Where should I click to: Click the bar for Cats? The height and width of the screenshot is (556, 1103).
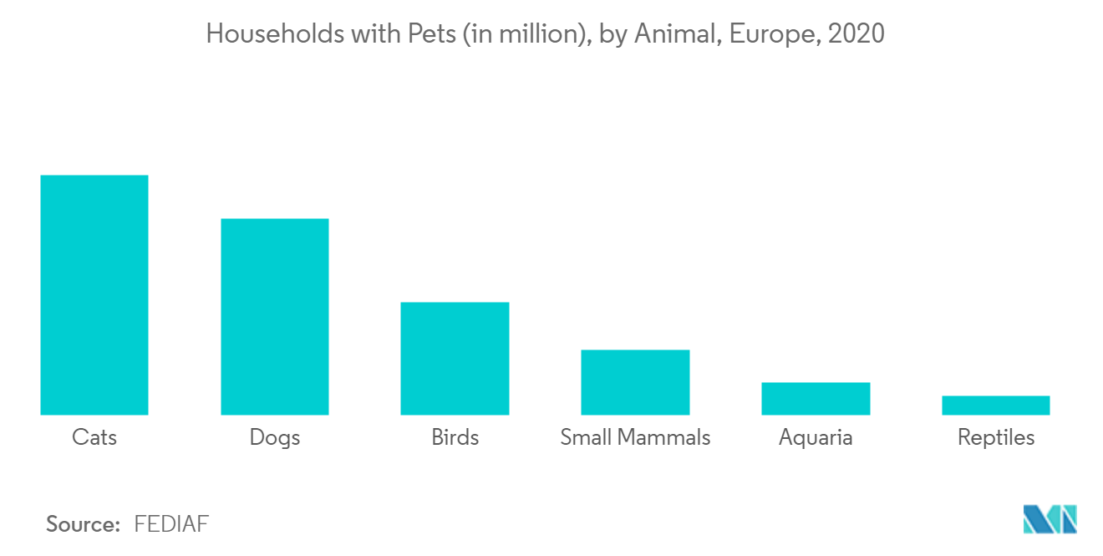94,294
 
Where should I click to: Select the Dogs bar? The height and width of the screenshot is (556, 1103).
274,316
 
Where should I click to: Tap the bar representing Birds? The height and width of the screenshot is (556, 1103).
455,358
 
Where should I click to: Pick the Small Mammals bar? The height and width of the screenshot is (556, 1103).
635,382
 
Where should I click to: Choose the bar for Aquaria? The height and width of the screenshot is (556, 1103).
816,398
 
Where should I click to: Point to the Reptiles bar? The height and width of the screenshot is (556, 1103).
995,405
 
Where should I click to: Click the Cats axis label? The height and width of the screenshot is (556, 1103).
94,437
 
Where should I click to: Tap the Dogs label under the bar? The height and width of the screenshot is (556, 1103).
274,437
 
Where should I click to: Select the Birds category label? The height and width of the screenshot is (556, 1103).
455,437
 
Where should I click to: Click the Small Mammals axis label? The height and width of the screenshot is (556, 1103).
635,437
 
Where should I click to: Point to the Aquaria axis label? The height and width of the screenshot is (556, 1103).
816,437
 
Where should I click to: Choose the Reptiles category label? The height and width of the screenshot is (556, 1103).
996,437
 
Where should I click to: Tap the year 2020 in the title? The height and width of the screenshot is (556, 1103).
856,34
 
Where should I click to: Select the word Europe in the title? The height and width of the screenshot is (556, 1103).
774,34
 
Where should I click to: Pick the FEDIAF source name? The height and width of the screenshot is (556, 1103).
171,524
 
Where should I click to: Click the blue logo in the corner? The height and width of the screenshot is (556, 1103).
1050,519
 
